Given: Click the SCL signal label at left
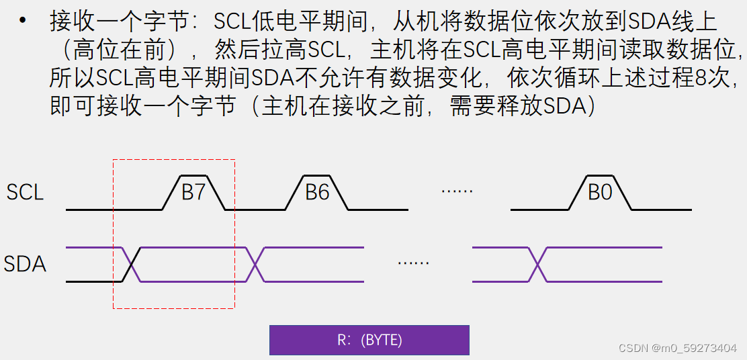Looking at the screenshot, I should (x=25, y=193).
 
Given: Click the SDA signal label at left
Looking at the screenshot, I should (x=25, y=264).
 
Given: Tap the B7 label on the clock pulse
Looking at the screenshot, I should (x=193, y=193).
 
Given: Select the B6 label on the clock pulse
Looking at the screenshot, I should (x=317, y=193).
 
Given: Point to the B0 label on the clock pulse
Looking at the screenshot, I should (x=600, y=193).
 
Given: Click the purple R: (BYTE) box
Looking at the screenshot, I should (x=369, y=340).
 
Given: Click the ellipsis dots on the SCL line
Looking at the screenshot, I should (x=457, y=191).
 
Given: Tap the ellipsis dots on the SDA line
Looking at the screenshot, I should (x=413, y=263).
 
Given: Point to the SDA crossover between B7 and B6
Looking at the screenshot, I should (x=255, y=265).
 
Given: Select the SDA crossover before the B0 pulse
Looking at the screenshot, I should (x=537, y=265).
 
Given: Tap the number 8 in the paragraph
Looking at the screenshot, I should (x=700, y=78).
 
